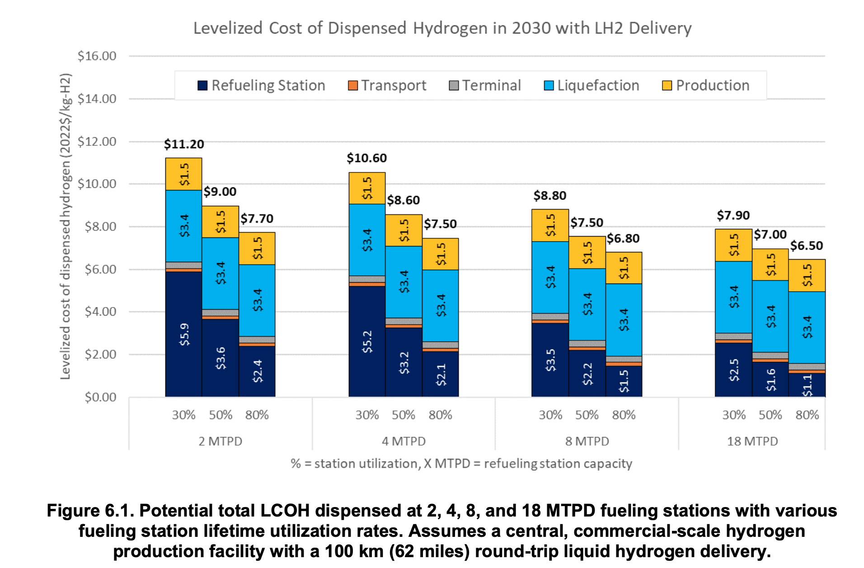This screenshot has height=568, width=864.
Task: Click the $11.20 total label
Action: coord(184,144)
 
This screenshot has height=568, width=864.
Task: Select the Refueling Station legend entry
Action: coord(261,85)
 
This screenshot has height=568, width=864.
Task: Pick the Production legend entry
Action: coord(705,85)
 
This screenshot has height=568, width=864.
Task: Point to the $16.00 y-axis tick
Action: coord(97,56)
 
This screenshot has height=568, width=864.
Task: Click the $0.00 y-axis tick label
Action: coord(100,397)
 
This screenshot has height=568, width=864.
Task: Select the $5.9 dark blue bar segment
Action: coord(184,335)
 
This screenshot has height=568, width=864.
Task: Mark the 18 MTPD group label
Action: coord(752,441)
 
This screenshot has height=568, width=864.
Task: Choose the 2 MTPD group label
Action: coord(221,441)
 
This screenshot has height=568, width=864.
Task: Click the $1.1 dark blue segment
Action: coord(807,385)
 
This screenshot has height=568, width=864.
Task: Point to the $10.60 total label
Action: coord(366,158)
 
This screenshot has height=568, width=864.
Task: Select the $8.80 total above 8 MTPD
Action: coord(549,196)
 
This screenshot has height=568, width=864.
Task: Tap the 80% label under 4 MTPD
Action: coord(440,415)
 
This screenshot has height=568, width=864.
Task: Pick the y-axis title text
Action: coord(66,226)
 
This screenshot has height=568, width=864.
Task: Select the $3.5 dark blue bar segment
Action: coord(550,360)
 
